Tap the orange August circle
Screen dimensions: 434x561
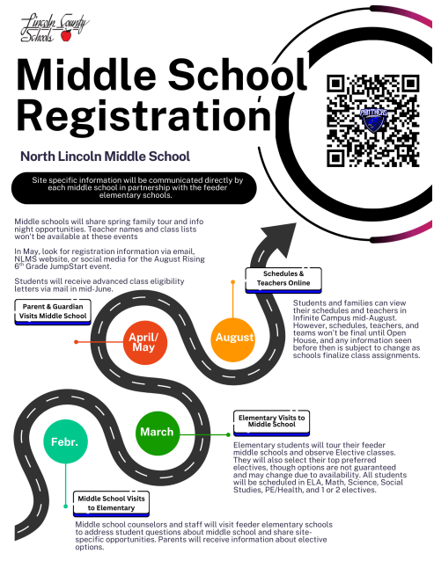[233, 338]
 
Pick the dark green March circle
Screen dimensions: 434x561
[158, 432]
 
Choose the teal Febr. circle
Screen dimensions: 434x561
[65, 441]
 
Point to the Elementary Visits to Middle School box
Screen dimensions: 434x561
[272, 421]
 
